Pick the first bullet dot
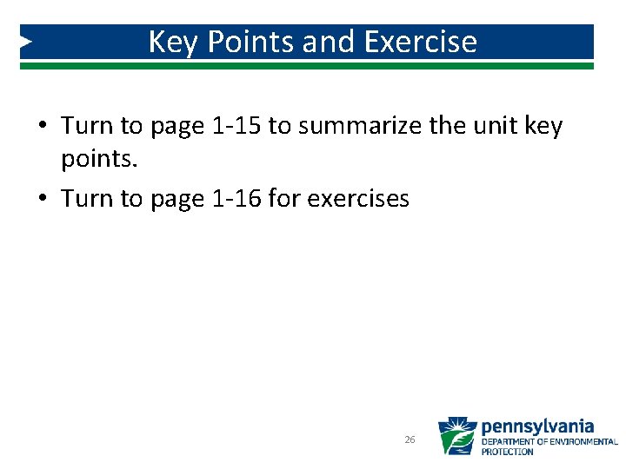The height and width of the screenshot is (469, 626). [42, 128]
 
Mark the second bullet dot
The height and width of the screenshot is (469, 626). [42, 200]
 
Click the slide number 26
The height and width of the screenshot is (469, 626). [410, 440]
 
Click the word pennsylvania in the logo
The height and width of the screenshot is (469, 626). [537, 426]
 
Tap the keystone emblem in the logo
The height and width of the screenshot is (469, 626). [456, 436]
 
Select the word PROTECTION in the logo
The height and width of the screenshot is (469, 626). [507, 452]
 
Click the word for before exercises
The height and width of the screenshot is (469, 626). [283, 198]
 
